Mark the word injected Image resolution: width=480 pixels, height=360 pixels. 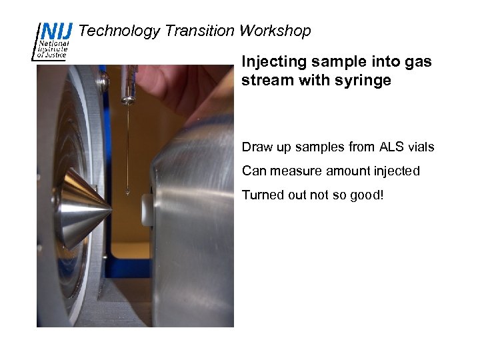click(x=397, y=171)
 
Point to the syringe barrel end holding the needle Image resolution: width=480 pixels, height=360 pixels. click(x=127, y=97)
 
